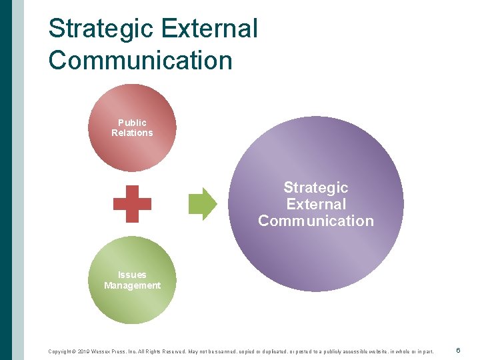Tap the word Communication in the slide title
140,60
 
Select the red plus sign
132,203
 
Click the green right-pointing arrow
203,203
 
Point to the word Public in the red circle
132,123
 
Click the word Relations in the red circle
132,133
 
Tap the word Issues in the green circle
132,275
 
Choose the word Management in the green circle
132,285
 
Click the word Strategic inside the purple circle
316,188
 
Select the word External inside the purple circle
316,204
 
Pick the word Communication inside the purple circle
316,221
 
